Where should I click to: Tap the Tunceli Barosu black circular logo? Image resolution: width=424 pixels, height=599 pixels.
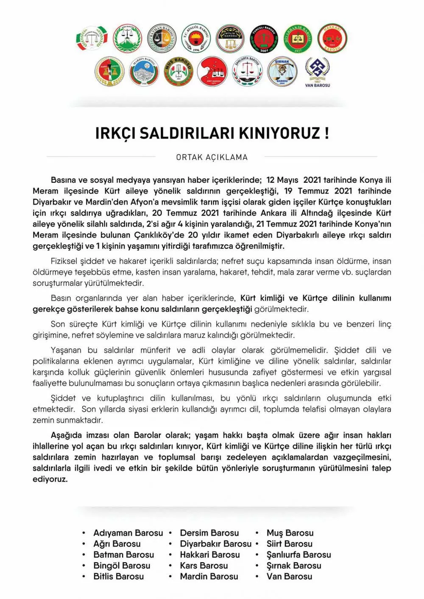click(264, 39)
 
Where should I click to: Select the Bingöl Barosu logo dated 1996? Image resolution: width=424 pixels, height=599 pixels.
click(196, 39)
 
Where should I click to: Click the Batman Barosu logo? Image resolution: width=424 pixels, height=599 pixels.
click(162, 39)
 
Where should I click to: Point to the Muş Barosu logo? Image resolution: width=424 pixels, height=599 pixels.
click(179, 71)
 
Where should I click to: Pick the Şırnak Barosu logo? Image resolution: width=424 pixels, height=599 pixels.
click(282, 71)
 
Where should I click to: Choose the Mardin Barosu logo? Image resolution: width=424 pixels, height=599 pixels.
click(144, 71)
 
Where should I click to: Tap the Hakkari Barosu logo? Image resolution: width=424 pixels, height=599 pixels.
click(332, 39)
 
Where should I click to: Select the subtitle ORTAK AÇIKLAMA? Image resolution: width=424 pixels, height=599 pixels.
click(212, 157)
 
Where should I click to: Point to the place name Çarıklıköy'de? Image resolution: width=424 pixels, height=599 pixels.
click(159, 235)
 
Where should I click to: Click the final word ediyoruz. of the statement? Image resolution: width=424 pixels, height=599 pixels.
click(50, 479)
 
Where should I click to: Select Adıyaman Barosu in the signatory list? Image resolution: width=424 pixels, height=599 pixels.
click(128, 533)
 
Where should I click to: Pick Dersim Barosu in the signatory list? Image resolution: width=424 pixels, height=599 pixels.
click(209, 533)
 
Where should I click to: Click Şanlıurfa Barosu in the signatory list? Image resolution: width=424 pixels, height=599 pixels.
click(298, 554)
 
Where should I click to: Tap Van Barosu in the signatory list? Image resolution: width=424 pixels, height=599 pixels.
click(289, 577)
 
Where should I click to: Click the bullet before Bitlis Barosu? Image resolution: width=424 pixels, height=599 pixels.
click(84, 577)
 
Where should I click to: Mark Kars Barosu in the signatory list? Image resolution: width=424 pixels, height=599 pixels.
click(204, 566)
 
